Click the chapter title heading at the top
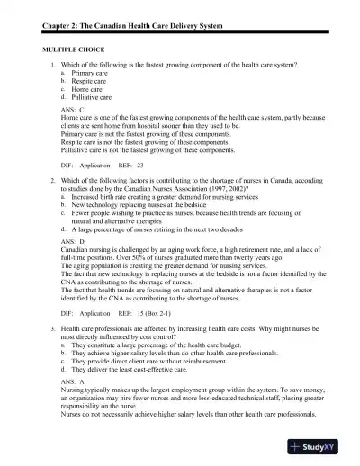[x=130, y=10]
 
